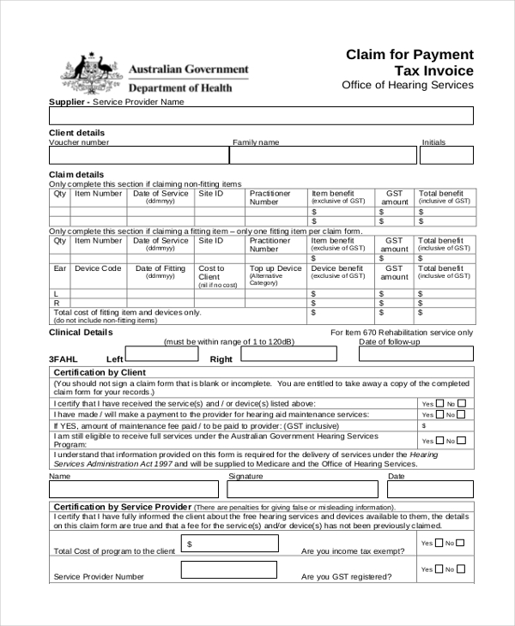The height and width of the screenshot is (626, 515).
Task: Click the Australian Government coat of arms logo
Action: (90, 75)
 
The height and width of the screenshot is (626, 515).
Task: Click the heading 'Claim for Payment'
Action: (409, 54)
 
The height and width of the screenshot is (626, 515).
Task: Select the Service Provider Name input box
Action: (261, 116)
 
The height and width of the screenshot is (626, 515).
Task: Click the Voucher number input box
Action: (138, 155)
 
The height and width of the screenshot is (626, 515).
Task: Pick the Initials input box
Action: (446, 155)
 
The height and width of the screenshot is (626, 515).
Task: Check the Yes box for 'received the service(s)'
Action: (440, 403)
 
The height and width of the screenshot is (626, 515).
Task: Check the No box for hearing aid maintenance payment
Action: (462, 414)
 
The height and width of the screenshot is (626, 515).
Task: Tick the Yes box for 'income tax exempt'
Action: (440, 543)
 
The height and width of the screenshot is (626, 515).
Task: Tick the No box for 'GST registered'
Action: (462, 570)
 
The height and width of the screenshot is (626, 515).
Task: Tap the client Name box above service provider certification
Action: (136, 490)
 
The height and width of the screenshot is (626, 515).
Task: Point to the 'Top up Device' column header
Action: (276, 268)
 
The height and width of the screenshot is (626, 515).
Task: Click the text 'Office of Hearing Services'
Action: (407, 85)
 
